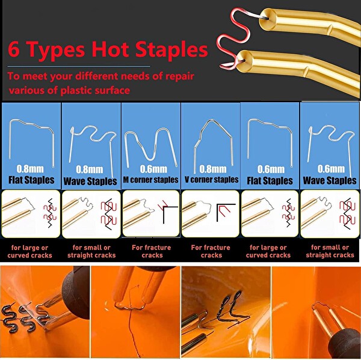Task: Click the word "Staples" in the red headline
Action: (171, 49)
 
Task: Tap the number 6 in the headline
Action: (14, 49)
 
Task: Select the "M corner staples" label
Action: (151, 180)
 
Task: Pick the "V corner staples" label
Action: (211, 180)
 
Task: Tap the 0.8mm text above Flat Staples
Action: (30, 169)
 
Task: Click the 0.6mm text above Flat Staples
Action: (271, 169)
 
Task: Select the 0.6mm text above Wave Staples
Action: (331, 169)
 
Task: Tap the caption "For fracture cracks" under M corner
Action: (152, 251)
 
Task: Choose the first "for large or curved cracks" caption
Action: (29, 251)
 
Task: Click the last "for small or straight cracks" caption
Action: (330, 251)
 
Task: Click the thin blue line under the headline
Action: (79, 67)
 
